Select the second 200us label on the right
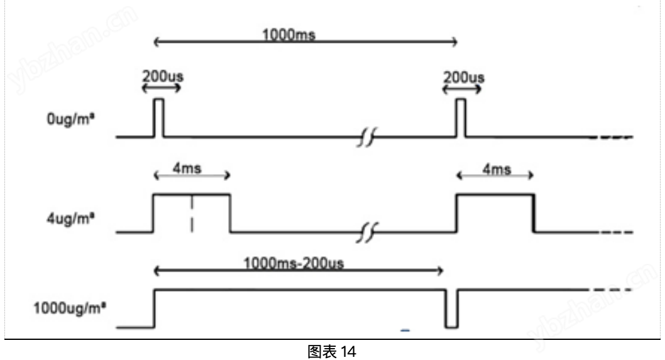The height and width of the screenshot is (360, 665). click(463, 79)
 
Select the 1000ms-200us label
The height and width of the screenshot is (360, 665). click(295, 265)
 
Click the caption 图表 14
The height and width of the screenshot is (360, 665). click(332, 352)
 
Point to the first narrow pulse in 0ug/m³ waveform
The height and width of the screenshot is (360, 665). click(159, 117)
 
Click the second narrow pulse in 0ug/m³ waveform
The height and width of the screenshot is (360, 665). click(461, 117)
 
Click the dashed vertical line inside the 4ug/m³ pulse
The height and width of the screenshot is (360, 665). click(192, 214)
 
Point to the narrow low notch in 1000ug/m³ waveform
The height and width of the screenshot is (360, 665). click(451, 308)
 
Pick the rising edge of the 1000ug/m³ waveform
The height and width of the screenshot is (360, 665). click(154, 308)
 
